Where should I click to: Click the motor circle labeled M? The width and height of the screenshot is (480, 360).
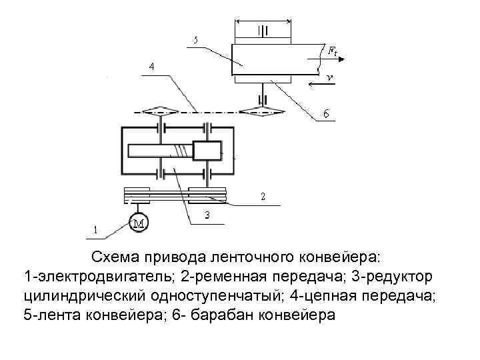(x=139, y=223)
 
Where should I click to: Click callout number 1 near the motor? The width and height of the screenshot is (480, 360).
(x=95, y=230)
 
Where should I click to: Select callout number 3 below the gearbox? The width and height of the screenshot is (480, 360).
(x=207, y=215)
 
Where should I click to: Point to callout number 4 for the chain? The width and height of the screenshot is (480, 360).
(x=152, y=67)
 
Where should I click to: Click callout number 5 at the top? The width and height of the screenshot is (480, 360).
(x=195, y=41)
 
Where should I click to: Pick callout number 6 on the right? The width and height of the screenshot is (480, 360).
(x=325, y=114)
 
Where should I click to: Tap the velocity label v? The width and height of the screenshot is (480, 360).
(x=330, y=79)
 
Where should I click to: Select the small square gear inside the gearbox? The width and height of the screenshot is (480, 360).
(x=207, y=151)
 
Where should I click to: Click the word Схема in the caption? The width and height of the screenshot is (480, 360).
(x=114, y=257)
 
